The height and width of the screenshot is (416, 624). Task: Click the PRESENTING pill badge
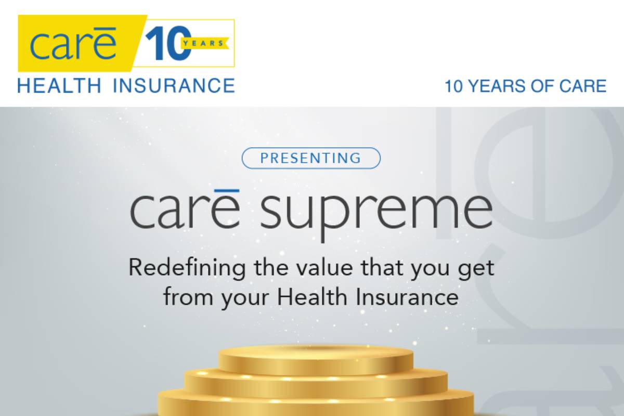[311, 158]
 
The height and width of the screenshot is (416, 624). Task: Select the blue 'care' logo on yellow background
[73, 44]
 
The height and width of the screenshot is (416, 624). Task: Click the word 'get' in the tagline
[476, 269]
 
